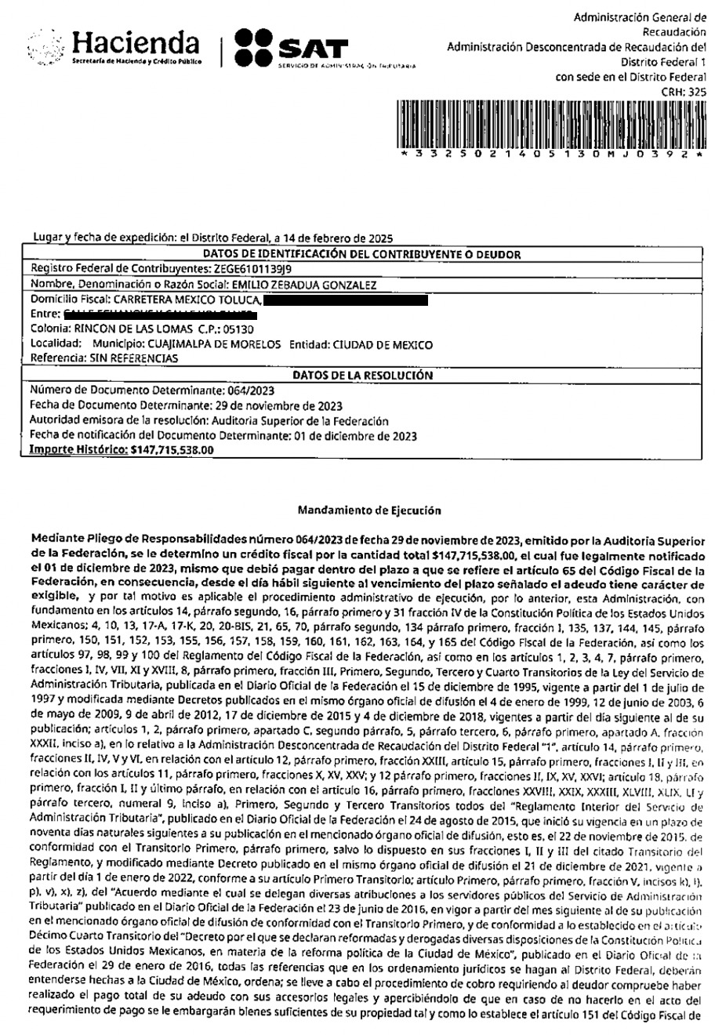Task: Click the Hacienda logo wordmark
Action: [x=136, y=42]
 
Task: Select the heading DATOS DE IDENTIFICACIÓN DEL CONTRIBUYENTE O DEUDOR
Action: [x=362, y=253]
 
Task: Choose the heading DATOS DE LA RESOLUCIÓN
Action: [x=362, y=375]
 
